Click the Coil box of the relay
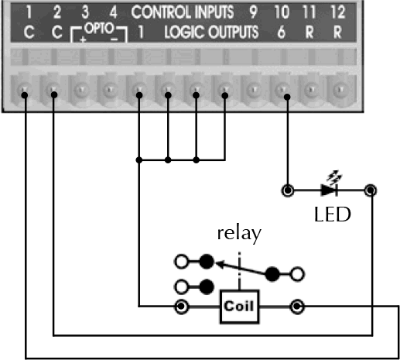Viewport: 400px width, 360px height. tap(239, 307)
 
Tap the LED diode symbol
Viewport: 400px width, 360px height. tap(329, 190)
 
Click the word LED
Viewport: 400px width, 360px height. tap(333, 214)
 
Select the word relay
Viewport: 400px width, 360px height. tap(239, 235)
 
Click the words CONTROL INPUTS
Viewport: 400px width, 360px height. tap(183, 12)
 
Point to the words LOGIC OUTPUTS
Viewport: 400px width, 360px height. tap(211, 33)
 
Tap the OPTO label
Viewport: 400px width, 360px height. tap(99, 29)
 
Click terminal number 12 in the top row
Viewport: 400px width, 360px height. tap(337, 12)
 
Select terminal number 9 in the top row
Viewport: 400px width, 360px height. tap(253, 12)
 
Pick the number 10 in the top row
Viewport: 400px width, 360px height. tap(282, 12)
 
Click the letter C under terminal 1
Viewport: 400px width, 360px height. tap(29, 33)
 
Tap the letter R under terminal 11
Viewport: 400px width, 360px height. tap(309, 33)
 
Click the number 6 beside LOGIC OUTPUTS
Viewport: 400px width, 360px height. tap(282, 33)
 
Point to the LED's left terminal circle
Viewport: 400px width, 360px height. tap(288, 190)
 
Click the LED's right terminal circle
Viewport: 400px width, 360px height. tap(371, 190)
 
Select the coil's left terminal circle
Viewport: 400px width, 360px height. tap(182, 307)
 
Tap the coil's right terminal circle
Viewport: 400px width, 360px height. tap(297, 307)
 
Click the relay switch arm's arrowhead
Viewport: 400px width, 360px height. tap(220, 264)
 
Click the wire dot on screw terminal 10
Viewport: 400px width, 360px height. tap(287, 97)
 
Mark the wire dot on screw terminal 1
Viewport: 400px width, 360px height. tap(25, 95)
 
